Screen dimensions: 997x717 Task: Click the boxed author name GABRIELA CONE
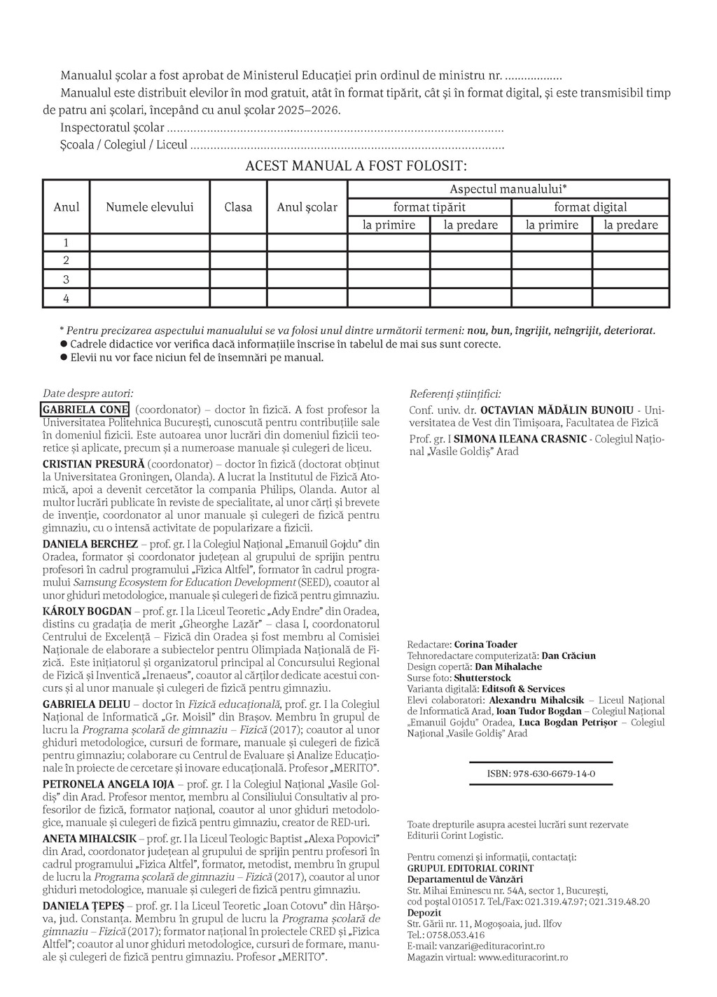pyautogui.click(x=85, y=410)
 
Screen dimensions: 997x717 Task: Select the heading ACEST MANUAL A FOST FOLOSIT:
pyautogui.click(x=356, y=166)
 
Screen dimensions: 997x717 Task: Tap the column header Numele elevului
pyautogui.click(x=150, y=207)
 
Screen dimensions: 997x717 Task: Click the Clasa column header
pyautogui.click(x=238, y=207)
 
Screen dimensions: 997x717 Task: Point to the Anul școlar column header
pyautogui.click(x=307, y=207)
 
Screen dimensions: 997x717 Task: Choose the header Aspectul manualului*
pyautogui.click(x=508, y=189)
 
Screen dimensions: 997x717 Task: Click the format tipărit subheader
pyautogui.click(x=429, y=207)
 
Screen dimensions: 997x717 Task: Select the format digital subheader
pyautogui.click(x=590, y=207)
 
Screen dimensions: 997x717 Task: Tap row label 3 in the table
pyautogui.click(x=67, y=279)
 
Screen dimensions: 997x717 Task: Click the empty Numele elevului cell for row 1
pyautogui.click(x=150, y=243)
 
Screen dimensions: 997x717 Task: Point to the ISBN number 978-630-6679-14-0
pyautogui.click(x=541, y=774)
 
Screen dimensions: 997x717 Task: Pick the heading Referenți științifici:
pyautogui.click(x=455, y=394)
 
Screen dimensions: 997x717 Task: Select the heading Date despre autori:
pyautogui.click(x=88, y=394)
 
